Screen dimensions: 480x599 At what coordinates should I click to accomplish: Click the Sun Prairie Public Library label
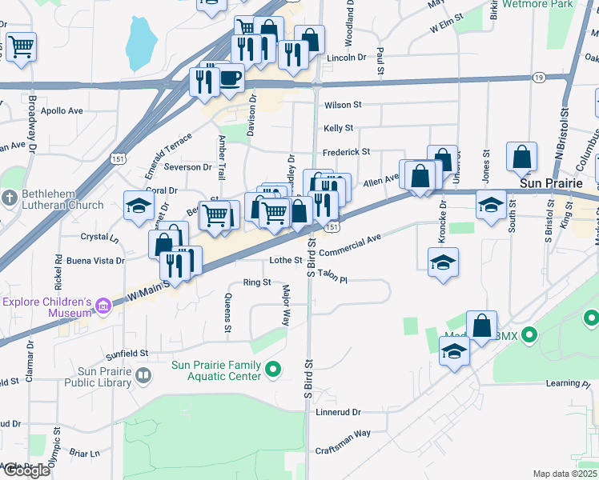(x=104, y=377)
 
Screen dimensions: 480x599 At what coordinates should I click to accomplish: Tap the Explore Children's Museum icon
(x=103, y=306)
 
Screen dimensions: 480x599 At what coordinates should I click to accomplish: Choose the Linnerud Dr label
(x=338, y=413)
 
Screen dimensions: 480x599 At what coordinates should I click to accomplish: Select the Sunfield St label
(x=129, y=353)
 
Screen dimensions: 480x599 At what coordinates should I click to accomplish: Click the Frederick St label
(x=346, y=152)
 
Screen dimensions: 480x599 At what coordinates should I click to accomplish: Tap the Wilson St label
(x=343, y=105)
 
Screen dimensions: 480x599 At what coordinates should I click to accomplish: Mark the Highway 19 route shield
(x=538, y=77)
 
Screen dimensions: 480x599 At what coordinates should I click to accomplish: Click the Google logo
(x=26, y=470)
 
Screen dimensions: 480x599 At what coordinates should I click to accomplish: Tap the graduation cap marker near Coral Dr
(x=139, y=206)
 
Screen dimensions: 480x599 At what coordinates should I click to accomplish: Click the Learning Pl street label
(x=567, y=383)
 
